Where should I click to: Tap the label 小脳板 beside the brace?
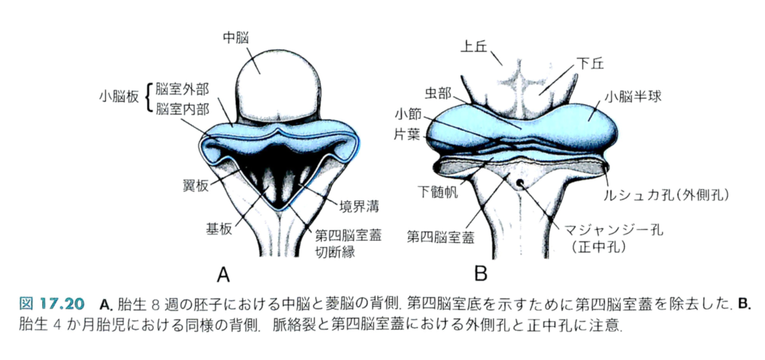click(120, 96)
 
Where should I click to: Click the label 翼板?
click(196, 186)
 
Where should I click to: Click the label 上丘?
click(476, 47)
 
